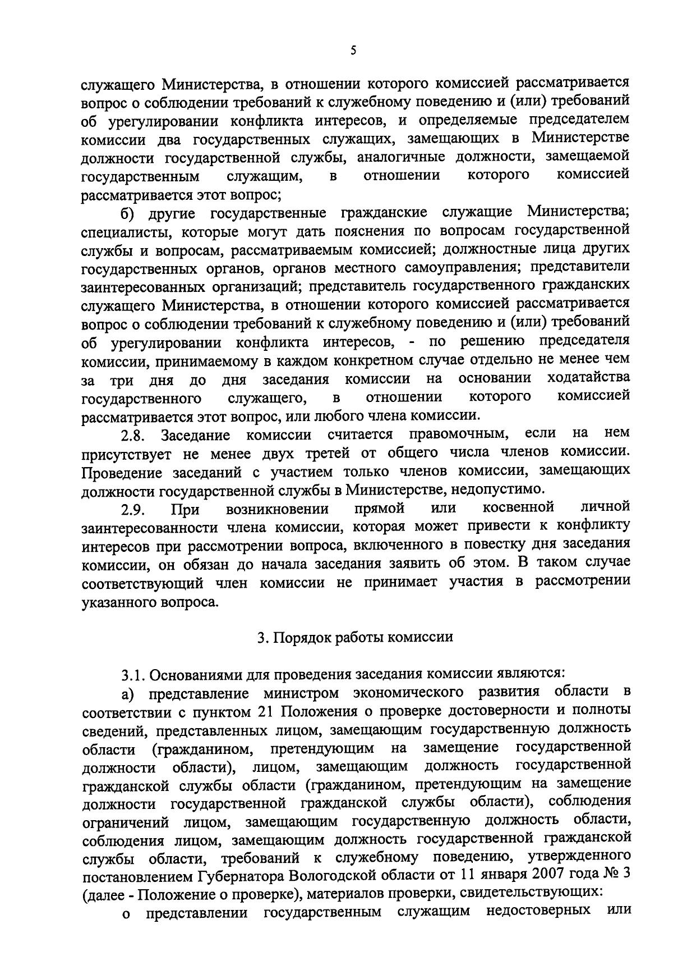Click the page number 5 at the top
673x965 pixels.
353,51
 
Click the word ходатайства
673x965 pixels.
588,378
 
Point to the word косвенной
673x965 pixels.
518,507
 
